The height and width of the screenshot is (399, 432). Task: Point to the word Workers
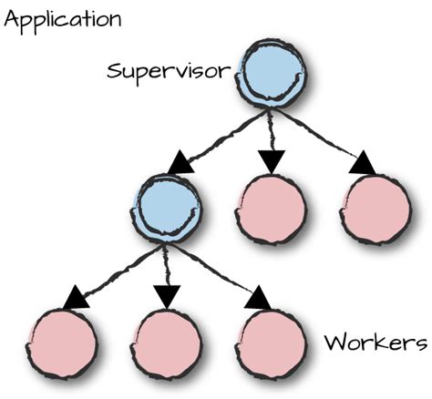pyautogui.click(x=375, y=343)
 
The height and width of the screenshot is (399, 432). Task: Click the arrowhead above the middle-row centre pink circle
pyautogui.click(x=270, y=161)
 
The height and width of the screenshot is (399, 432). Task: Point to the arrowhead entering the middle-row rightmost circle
pyautogui.click(x=362, y=164)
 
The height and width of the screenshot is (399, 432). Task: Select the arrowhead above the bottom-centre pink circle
pyautogui.click(x=166, y=295)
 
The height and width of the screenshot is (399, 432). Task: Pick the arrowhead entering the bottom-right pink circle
pyautogui.click(x=258, y=297)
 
